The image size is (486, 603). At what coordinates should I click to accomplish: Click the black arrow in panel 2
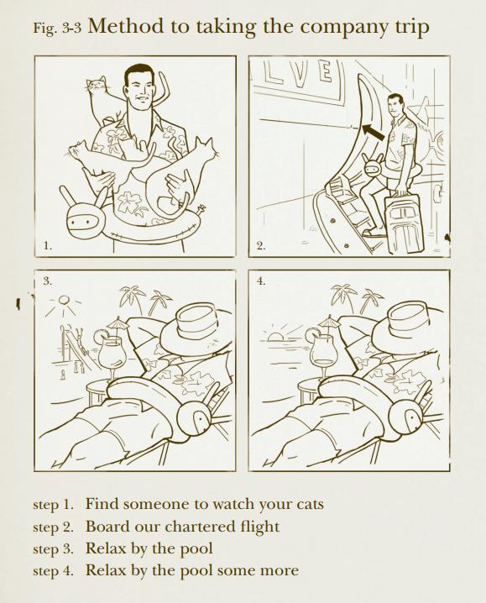(x=373, y=132)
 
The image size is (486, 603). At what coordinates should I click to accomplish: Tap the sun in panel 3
(x=64, y=299)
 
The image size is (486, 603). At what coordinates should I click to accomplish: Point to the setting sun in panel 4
(x=274, y=337)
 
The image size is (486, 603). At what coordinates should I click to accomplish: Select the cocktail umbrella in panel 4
(x=330, y=320)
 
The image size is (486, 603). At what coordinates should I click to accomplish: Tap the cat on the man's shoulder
(x=99, y=101)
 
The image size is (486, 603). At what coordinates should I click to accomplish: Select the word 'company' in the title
(x=343, y=28)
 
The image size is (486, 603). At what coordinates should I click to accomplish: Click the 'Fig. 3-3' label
(x=57, y=28)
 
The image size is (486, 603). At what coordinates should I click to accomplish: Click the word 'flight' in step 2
(x=259, y=527)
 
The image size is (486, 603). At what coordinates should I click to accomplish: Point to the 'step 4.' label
(x=53, y=570)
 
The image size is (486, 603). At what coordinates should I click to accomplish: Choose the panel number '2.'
(x=261, y=246)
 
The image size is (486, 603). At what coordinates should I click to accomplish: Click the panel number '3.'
(x=47, y=281)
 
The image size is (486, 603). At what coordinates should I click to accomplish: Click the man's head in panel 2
(x=395, y=105)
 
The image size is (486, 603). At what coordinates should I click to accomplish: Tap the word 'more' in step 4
(x=280, y=570)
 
